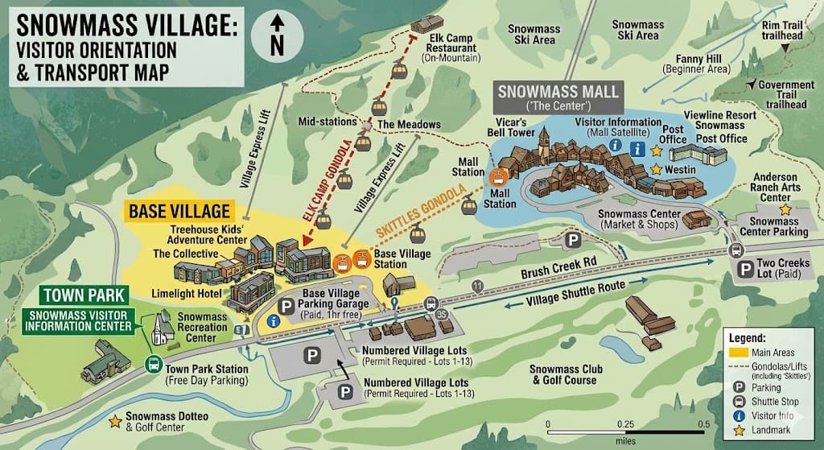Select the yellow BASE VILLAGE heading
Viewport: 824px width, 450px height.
179,213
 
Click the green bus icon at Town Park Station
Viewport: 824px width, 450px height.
152,364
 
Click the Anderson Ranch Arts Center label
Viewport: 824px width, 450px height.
775,188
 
